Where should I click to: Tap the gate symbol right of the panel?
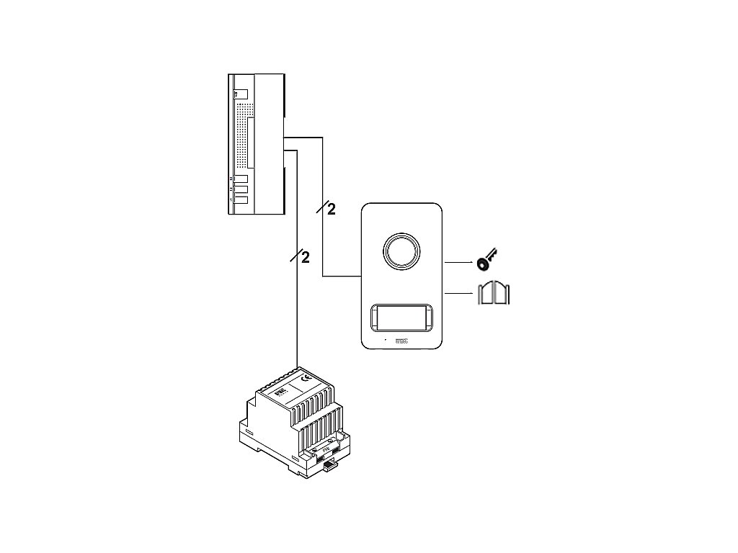point(494,293)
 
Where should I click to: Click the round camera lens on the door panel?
point(400,251)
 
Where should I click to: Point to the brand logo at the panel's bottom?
point(402,341)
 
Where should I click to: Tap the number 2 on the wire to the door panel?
point(332,210)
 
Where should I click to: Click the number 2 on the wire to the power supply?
point(305,257)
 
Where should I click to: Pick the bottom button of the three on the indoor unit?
point(241,199)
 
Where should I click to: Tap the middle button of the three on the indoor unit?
point(241,189)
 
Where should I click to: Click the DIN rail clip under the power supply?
point(331,467)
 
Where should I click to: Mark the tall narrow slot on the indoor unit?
point(249,139)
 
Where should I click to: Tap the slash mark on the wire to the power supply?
point(295,256)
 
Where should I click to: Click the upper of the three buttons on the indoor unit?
point(241,179)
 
